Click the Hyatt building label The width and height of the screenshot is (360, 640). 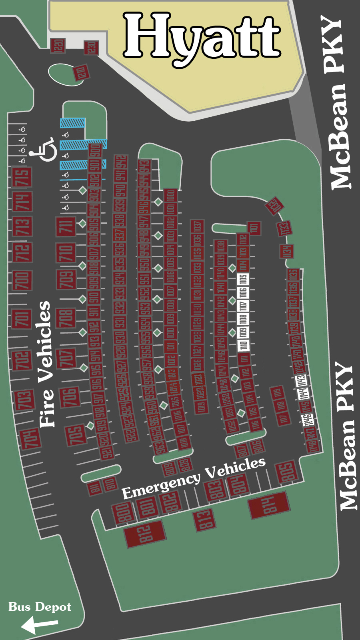pos(202,37)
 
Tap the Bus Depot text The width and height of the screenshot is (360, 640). pos(40,607)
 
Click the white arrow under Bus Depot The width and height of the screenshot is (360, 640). pos(39,624)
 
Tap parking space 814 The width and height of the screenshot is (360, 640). pos(269,505)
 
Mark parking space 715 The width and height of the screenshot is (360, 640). pos(22,177)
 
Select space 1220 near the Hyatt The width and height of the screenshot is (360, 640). pos(58,46)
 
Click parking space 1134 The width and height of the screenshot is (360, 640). pos(286,251)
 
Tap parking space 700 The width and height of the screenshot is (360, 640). pos(22,280)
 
